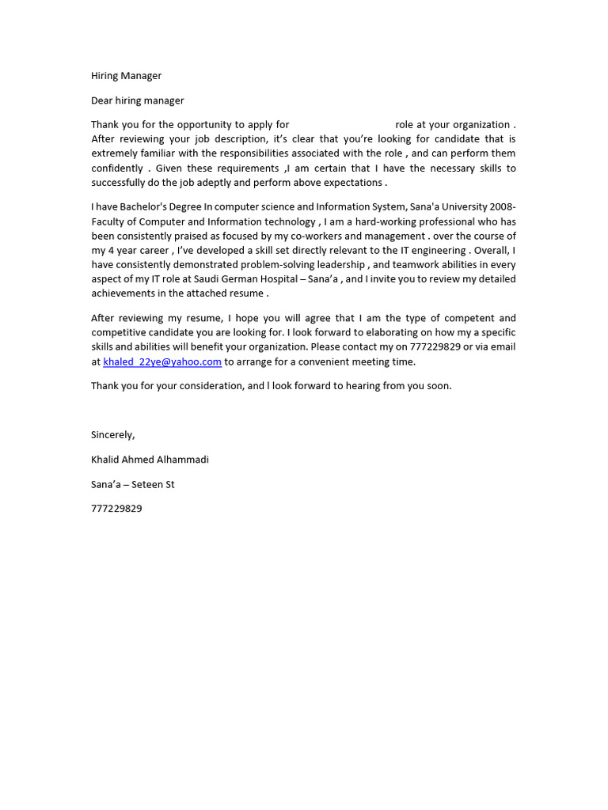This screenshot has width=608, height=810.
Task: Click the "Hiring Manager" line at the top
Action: coord(126,76)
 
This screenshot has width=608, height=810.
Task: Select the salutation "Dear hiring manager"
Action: coord(137,100)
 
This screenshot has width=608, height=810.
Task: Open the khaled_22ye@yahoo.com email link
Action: coord(162,361)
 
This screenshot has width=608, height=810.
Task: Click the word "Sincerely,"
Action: coord(113,434)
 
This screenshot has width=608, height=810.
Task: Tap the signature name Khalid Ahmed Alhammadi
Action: coord(150,460)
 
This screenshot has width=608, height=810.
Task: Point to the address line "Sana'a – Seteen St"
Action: coord(132,484)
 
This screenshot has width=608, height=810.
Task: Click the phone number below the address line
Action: coord(116,509)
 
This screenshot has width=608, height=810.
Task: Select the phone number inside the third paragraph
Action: coord(435,347)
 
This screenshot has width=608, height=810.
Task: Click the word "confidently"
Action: coord(117,168)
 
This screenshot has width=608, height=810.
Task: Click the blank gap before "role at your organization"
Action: coord(342,125)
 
